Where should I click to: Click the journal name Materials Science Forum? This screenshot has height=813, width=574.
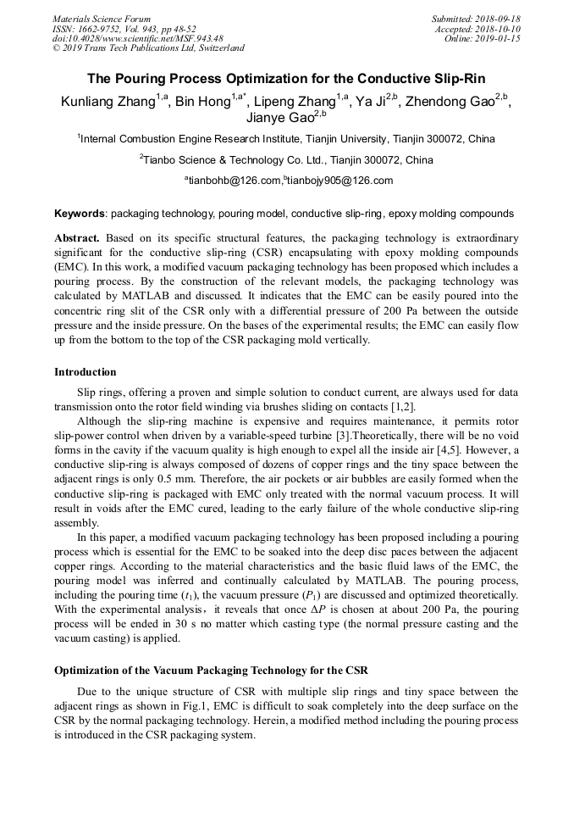tap(102, 19)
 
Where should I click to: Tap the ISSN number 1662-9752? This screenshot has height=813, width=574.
tap(105, 29)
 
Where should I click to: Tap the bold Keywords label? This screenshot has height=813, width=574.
tap(80, 214)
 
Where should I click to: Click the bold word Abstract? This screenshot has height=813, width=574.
tap(77, 238)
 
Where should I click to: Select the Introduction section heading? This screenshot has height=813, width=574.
tap(86, 371)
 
